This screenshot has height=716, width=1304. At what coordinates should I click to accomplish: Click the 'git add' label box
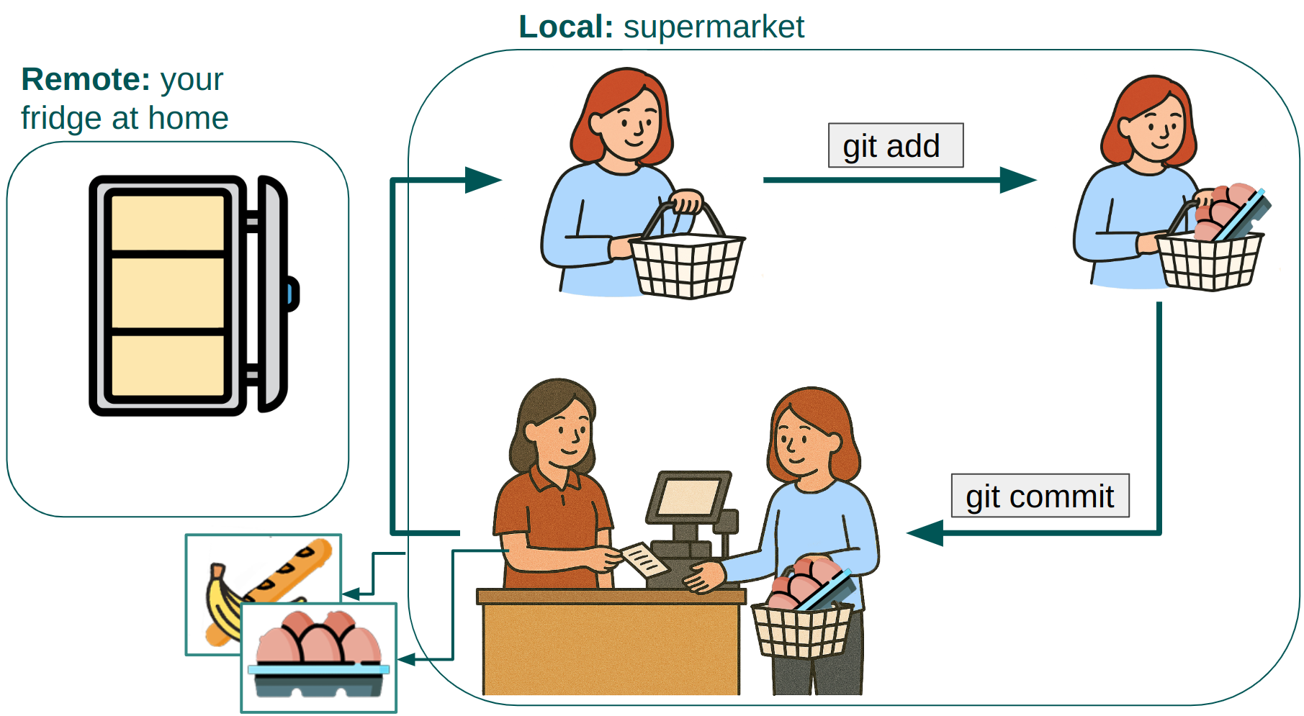point(895,145)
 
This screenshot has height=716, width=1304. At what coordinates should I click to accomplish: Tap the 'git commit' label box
point(1040,496)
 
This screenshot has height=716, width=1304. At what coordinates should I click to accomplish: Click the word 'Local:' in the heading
point(565,27)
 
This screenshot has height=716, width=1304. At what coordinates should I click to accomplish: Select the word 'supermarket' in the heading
point(714,27)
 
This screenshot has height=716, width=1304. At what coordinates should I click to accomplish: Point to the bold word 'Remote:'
point(86,79)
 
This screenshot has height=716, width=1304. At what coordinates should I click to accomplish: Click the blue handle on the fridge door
point(292,294)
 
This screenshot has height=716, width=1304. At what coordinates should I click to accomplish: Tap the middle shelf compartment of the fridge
point(168,293)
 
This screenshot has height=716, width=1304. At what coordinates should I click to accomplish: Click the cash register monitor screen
point(688,497)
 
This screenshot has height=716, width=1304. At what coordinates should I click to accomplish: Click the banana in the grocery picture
point(220,604)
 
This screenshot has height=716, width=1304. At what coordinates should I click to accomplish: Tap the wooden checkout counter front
point(611,648)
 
